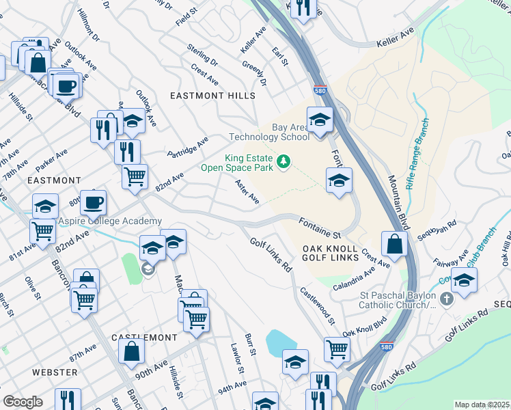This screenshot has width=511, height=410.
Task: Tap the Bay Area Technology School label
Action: coord(290,132)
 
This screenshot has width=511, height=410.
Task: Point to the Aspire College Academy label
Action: coord(110,221)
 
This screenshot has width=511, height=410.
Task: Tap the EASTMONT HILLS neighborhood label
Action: coord(212,96)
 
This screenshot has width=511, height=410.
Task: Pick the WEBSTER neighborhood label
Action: coord(55,372)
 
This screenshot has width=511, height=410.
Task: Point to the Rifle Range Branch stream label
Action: coord(418,154)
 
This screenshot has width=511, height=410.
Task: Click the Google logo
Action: coord(23,402)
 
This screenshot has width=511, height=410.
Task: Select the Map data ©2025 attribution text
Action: coord(482,405)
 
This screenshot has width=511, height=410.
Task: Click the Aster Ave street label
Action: coord(247,191)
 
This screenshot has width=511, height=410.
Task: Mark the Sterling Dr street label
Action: coord(203,55)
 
